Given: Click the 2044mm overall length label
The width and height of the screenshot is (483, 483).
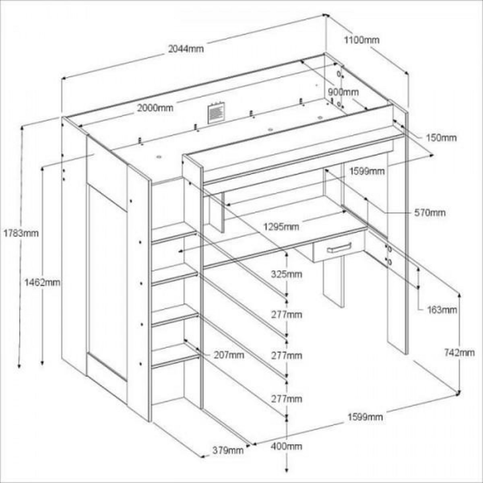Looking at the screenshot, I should click(186, 49).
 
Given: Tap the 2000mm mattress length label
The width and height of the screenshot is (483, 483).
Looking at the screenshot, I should click(155, 108).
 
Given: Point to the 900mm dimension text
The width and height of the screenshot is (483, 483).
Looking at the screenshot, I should click(343, 92).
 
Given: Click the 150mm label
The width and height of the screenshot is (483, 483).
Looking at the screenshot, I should click(442, 138).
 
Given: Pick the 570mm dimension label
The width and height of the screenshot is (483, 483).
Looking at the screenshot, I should click(430, 212).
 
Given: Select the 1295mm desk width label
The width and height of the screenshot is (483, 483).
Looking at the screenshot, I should click(281, 227).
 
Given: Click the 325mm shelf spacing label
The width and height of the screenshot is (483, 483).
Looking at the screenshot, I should click(286, 275).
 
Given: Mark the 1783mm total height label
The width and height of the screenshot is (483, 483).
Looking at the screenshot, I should click(21, 233).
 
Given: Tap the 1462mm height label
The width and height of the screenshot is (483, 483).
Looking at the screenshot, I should click(43, 282).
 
